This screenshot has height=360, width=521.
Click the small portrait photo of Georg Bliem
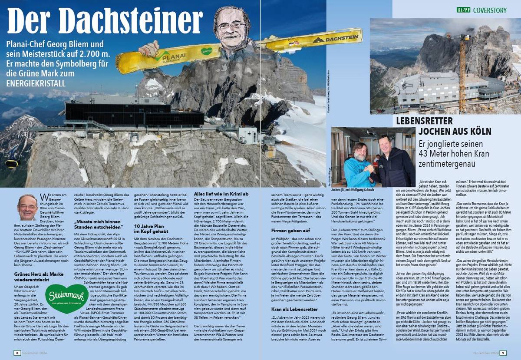(27, 207)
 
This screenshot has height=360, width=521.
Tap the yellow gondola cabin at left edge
(11, 164)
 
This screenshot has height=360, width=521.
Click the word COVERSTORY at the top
(489, 10)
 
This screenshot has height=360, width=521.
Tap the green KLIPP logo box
(463, 10)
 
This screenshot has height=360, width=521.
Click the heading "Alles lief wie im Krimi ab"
(221, 194)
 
